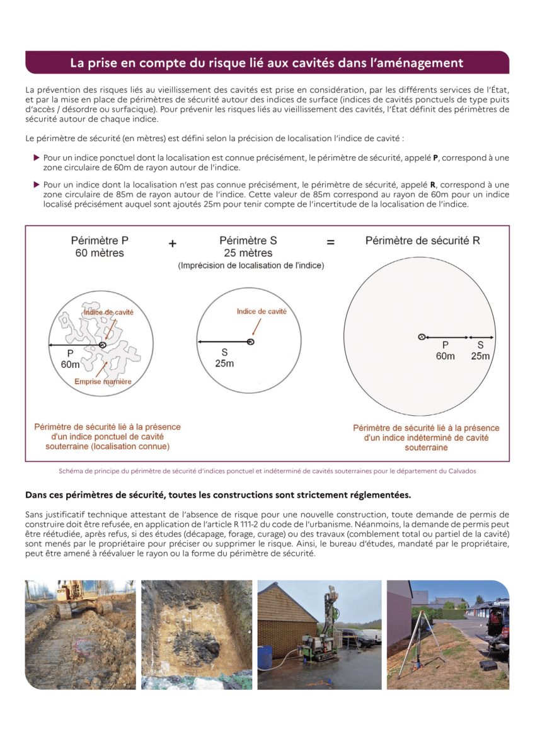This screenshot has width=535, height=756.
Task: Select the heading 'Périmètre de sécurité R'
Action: pyautogui.click(x=422, y=241)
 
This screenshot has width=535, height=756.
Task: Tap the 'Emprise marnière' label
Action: pyautogui.click(x=103, y=382)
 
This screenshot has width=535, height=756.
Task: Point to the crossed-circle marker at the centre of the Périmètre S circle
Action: pyautogui.click(x=250, y=342)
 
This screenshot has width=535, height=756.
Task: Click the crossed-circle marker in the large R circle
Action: pyautogui.click(x=422, y=337)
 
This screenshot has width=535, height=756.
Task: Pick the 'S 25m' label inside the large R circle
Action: pyautogui.click(x=480, y=350)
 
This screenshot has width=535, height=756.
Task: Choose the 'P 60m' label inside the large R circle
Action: pyautogui.click(x=446, y=350)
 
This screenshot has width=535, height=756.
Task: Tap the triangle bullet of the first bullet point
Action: pyautogui.click(x=37, y=157)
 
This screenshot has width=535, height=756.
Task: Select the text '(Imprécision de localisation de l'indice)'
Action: pyautogui.click(x=251, y=266)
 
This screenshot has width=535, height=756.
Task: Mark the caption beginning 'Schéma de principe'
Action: pyautogui.click(x=267, y=471)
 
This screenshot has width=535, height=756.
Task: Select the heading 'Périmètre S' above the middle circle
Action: pyautogui.click(x=248, y=241)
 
